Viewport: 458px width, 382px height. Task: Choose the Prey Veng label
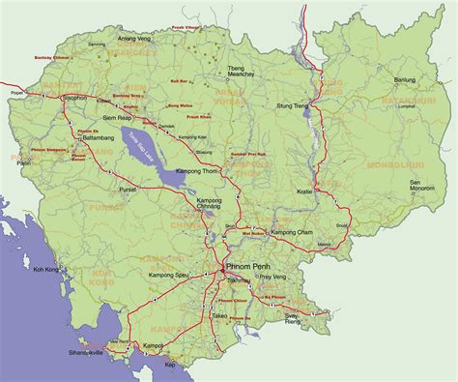pos(271,278)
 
